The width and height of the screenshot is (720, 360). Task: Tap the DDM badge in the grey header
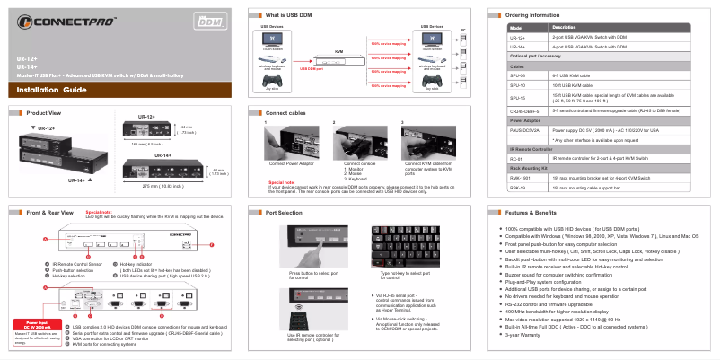[x=207, y=18]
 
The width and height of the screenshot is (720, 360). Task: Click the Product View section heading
[x=44, y=113]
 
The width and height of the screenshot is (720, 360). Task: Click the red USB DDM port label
[x=311, y=69]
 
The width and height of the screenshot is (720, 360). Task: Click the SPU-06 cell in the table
[x=518, y=78]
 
